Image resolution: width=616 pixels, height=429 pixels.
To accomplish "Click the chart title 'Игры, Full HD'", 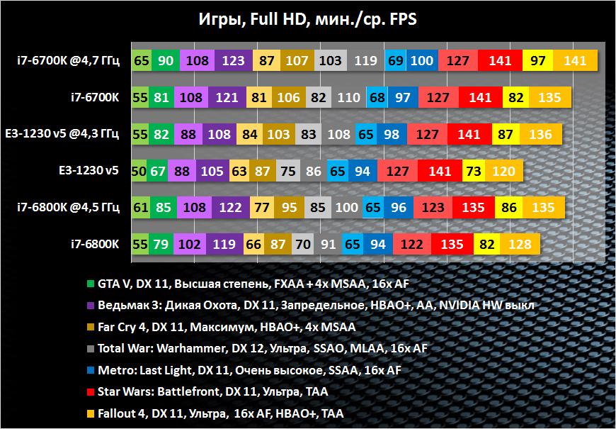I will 307,19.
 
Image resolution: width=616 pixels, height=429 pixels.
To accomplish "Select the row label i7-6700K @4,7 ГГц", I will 69,60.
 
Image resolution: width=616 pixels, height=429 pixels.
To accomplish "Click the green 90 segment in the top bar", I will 166,61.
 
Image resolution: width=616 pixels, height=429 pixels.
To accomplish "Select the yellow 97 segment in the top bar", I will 537,61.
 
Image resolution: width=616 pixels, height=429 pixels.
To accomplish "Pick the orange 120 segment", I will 503,172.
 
